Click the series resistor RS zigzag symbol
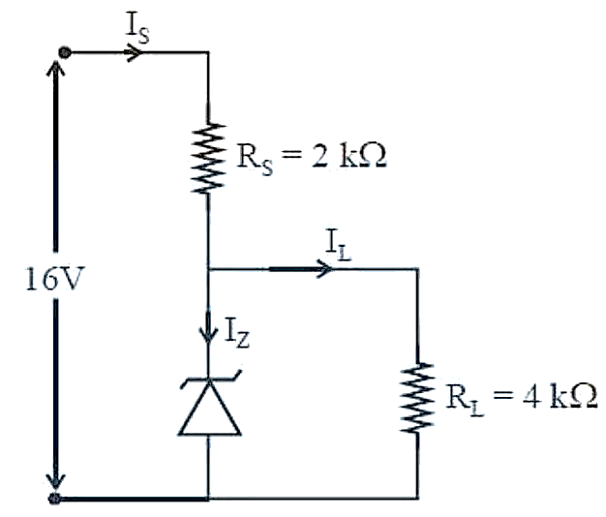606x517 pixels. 208,158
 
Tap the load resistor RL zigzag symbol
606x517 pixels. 417,398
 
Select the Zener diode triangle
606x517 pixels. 209,408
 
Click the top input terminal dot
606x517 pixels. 65,52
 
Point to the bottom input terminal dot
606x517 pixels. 55,498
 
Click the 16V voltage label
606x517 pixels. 54,279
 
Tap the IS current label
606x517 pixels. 137,29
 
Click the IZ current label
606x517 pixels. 237,333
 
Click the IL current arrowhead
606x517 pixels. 324,268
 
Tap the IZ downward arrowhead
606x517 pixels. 208,334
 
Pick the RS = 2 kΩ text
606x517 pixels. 312,158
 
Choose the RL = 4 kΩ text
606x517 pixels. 522,398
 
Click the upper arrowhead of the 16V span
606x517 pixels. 55,69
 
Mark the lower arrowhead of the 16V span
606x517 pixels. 55,482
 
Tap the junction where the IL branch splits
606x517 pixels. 209,268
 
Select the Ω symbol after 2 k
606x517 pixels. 374,156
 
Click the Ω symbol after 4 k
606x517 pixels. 585,396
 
